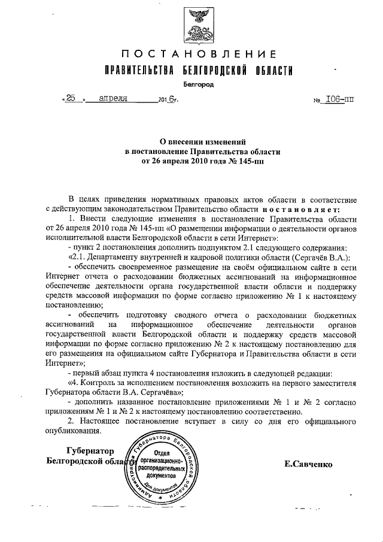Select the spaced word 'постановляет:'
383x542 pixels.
coord(302,209)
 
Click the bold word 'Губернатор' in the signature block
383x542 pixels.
coord(87,450)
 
